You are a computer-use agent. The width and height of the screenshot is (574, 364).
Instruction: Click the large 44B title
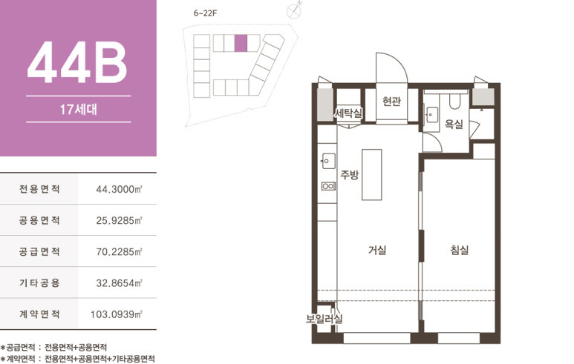point(77,62)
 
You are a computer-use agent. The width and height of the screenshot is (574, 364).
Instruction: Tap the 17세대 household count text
point(78,109)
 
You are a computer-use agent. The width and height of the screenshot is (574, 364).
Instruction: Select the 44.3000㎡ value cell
point(119,189)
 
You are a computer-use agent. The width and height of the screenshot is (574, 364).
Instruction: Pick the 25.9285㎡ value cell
point(119,220)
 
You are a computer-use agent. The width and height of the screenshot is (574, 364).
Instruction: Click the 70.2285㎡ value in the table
point(119,252)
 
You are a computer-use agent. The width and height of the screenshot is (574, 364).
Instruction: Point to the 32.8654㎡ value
point(119,283)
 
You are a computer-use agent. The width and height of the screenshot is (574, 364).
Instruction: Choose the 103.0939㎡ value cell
point(117,314)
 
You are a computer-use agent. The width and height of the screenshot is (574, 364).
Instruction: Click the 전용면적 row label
point(39,189)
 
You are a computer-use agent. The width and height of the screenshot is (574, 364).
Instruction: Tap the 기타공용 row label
point(39,283)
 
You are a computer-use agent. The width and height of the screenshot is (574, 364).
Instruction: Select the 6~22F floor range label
point(206,13)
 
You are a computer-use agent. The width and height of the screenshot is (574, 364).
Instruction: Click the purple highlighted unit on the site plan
point(241,43)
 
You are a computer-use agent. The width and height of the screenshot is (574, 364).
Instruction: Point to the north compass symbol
point(294,10)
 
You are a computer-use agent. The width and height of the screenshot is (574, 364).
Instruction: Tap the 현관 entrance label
point(391,101)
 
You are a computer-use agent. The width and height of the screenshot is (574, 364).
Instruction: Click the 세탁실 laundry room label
point(348,113)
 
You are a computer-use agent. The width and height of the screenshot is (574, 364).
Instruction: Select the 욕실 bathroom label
point(454,125)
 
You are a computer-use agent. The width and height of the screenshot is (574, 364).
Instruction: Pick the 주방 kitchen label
point(350,175)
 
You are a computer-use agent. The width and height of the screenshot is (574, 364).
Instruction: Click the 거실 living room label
point(377,251)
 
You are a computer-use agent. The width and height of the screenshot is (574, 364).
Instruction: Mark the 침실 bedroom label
point(460,251)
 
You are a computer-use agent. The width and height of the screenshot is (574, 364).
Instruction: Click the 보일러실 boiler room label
point(324,319)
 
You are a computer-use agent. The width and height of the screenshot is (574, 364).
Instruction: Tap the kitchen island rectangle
point(372,175)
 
